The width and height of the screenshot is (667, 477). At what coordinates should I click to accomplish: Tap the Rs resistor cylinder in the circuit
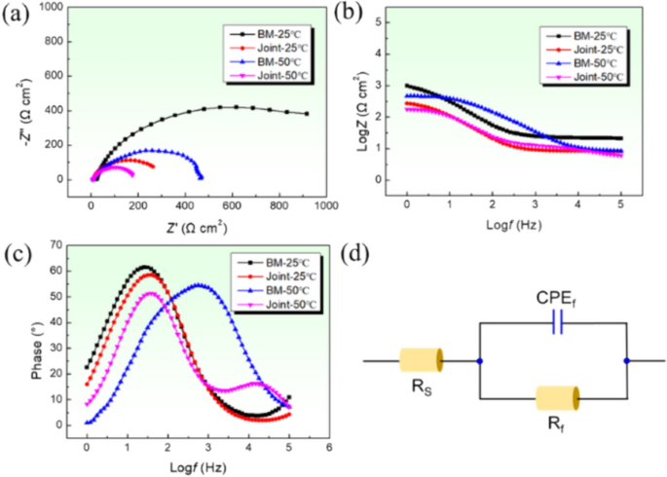pyautogui.click(x=422, y=361)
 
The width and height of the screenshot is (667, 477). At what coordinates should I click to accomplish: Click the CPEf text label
pyautogui.click(x=556, y=299)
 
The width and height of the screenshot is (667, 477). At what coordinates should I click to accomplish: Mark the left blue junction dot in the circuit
pyautogui.click(x=479, y=361)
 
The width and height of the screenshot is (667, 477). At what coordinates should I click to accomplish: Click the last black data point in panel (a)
pyautogui.click(x=307, y=114)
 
